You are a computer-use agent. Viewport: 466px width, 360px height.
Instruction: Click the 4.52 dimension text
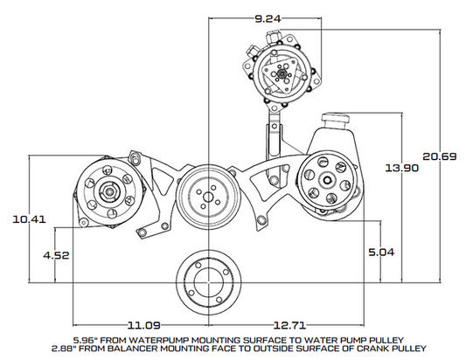[x=56, y=256]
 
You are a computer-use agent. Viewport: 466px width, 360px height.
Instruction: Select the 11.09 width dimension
[x=141, y=322]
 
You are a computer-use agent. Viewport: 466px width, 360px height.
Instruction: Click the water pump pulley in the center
[x=207, y=193]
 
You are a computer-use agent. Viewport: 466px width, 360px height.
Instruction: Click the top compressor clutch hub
[x=278, y=75]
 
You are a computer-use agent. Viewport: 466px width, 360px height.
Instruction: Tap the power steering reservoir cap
[x=337, y=116]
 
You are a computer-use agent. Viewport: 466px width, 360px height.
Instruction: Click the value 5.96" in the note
[x=87, y=339]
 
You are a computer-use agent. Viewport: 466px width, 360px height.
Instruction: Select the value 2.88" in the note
[x=87, y=349]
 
